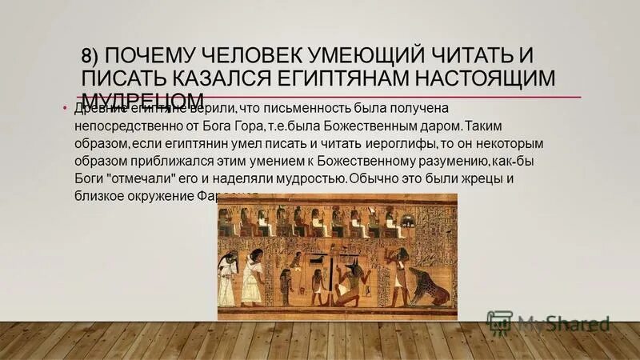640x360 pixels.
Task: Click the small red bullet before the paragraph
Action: [x=65, y=109]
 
